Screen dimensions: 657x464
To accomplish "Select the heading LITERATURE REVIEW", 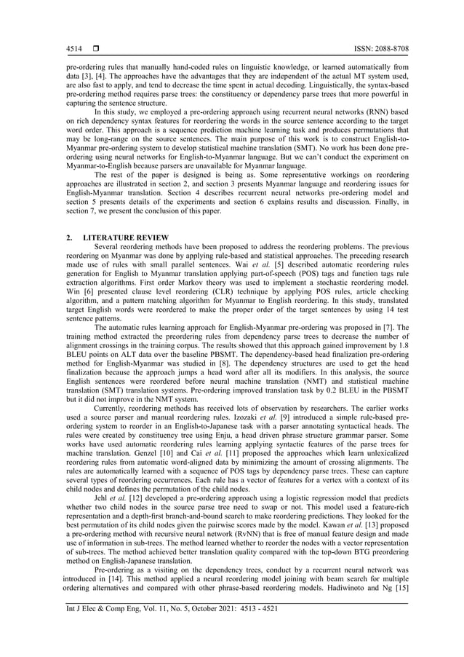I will pos(127,238).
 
